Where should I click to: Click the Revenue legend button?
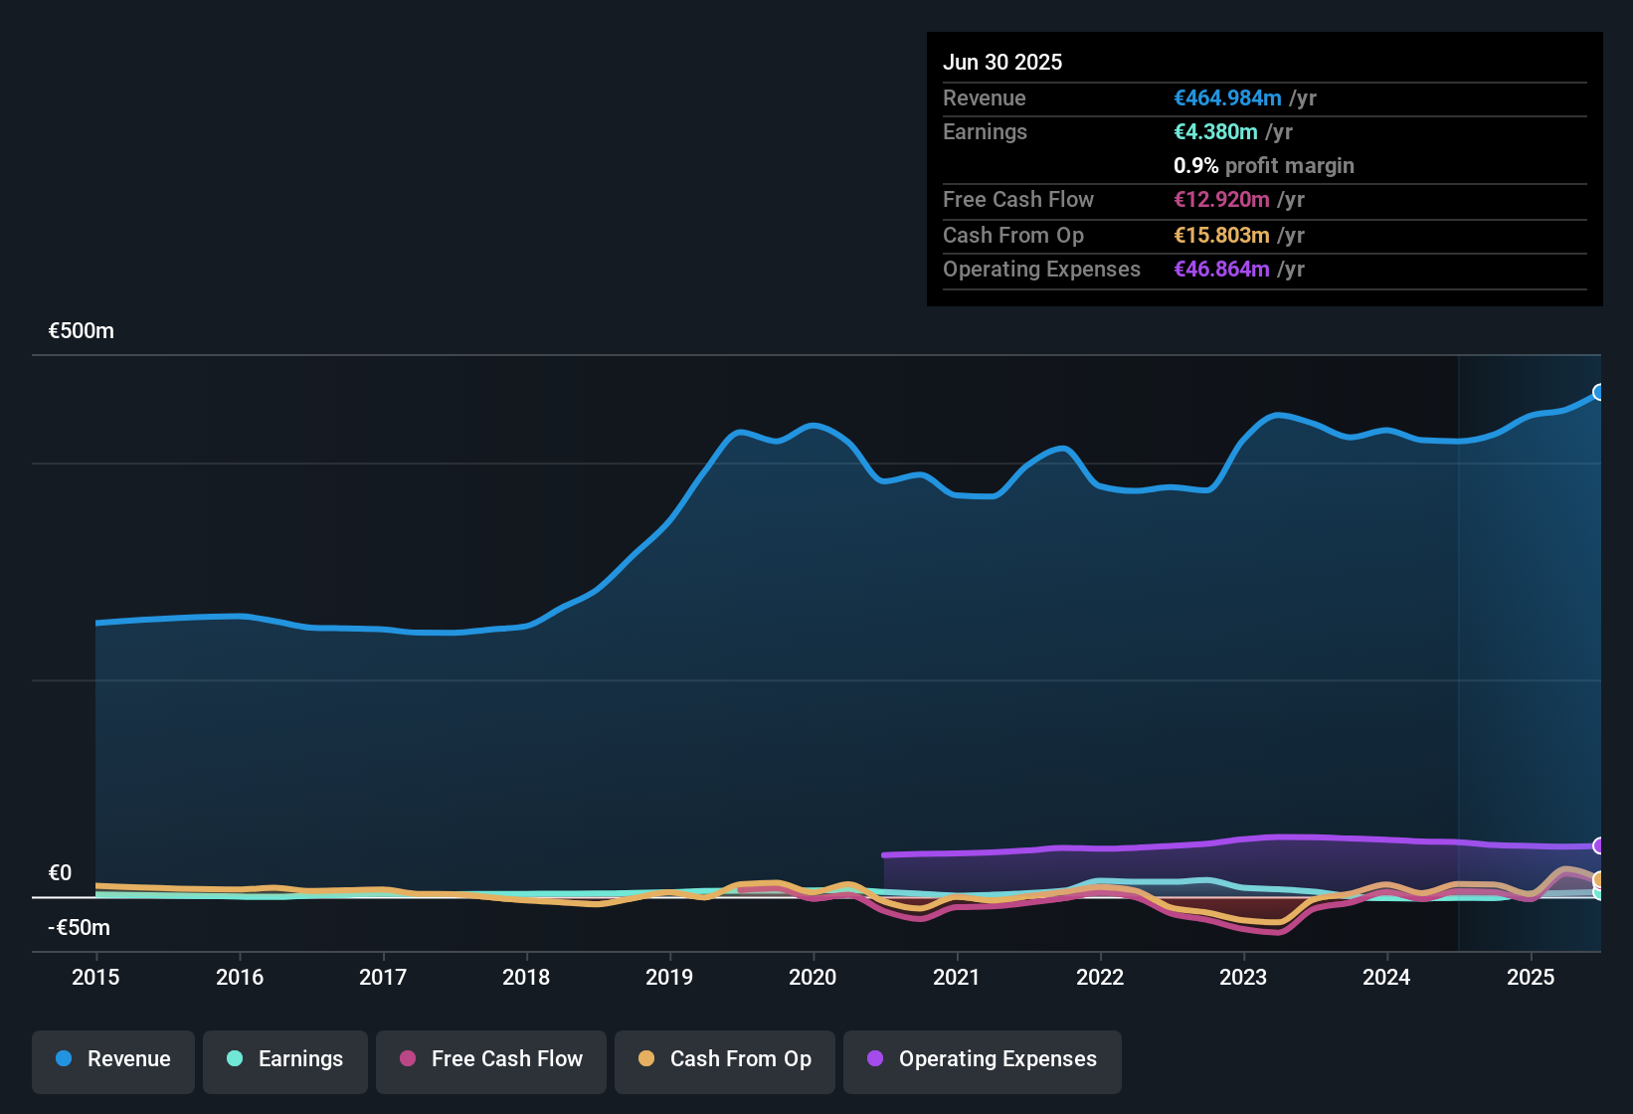(113, 1059)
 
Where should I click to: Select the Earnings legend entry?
(285, 1059)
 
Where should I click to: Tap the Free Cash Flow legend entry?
(491, 1059)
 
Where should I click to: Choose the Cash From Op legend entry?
(725, 1059)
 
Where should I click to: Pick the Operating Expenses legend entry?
(983, 1059)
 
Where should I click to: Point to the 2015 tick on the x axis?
(95, 977)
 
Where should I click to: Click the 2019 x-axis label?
(669, 977)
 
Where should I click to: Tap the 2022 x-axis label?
(1100, 977)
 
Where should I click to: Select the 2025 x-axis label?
(1530, 977)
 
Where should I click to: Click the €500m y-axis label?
(82, 331)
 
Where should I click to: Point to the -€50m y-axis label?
(80, 928)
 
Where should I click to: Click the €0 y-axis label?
(61, 873)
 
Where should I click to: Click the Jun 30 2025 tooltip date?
(1002, 62)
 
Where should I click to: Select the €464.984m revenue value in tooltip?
(1227, 98)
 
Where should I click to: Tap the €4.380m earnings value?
(1215, 132)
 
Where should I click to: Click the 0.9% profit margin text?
(1263, 166)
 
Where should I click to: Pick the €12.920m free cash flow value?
(1221, 200)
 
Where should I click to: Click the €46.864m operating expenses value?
(1221, 270)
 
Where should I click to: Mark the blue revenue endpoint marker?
(1599, 392)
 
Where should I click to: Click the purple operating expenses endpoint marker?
(1599, 845)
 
